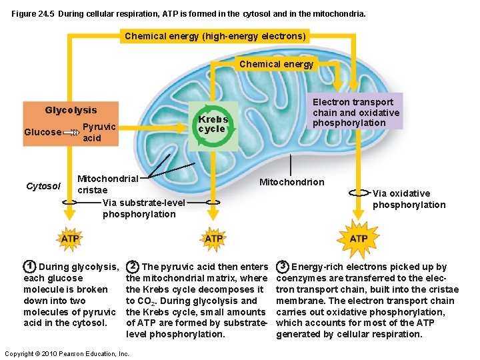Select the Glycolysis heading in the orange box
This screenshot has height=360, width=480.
coord(71,110)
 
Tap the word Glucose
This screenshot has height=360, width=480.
coord(42,132)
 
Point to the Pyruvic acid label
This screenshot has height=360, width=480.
coord(99,132)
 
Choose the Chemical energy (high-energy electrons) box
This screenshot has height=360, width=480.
coord(215,36)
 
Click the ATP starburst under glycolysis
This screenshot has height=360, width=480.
coord(70,238)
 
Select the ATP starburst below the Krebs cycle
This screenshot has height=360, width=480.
coord(213,238)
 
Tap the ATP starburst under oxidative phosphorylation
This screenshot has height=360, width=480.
coord(358,238)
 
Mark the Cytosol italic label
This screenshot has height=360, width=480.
coord(43,185)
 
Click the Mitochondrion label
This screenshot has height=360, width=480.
coord(291,182)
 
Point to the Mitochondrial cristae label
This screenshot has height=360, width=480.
coord(107,184)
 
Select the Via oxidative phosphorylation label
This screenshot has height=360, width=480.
coord(408,199)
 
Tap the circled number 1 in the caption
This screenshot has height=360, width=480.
coord(29,266)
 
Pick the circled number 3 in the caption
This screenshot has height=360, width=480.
coord(283,266)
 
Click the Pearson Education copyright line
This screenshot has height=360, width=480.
coord(66,353)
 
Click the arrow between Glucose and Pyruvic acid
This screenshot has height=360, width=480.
coord(71,133)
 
